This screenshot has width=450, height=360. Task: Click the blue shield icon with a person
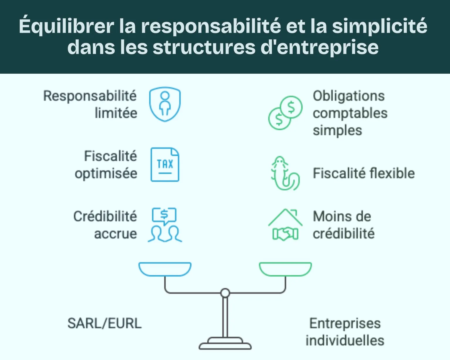(x=165, y=104)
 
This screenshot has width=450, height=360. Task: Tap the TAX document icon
(x=165, y=164)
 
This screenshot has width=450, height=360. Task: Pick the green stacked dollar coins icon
(x=285, y=113)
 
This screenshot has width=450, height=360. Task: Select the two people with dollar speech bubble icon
(x=165, y=225)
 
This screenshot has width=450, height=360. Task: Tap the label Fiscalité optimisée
(x=106, y=165)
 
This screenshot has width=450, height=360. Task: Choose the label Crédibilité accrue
(x=105, y=225)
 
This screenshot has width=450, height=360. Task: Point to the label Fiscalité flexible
(x=364, y=173)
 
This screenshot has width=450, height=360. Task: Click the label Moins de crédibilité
(x=344, y=225)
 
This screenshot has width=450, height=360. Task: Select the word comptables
(x=350, y=113)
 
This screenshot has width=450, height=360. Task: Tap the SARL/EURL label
(x=104, y=323)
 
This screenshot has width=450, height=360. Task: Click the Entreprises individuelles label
(x=345, y=332)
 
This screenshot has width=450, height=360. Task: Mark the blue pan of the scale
(x=165, y=269)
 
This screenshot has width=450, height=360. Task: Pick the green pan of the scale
(x=285, y=269)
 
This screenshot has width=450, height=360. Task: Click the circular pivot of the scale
(x=225, y=293)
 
